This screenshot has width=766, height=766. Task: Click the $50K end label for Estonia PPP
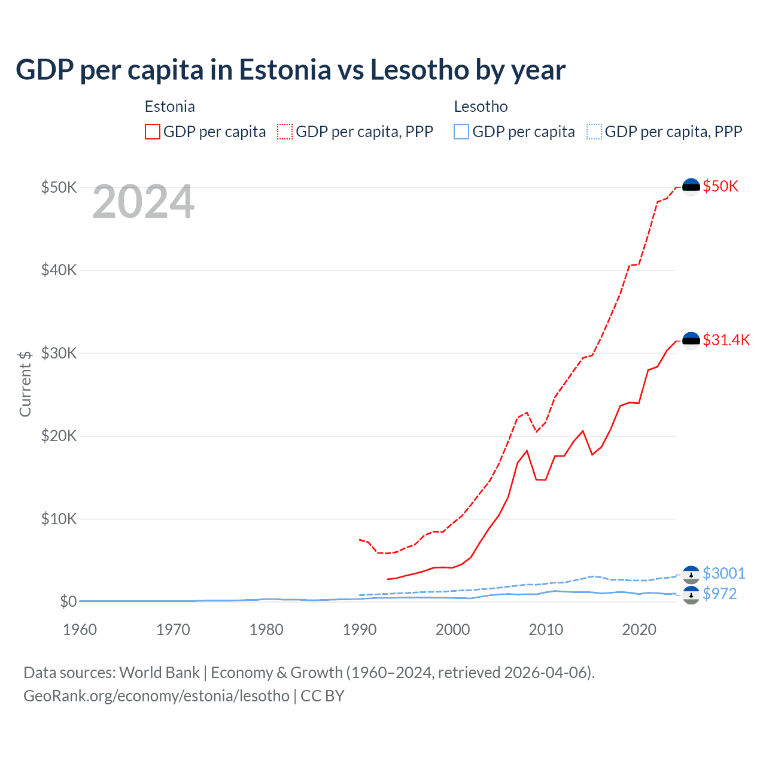tap(721, 186)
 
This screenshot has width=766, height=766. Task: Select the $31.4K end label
tap(726, 340)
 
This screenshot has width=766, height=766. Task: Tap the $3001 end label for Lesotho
tap(724, 573)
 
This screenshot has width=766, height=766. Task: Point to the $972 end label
tap(719, 594)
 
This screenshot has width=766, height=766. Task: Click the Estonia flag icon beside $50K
tap(691, 187)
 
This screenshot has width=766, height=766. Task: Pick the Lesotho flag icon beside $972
tap(691, 595)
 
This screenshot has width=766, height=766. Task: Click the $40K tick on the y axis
tap(59, 270)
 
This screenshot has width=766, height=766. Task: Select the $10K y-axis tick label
tap(59, 519)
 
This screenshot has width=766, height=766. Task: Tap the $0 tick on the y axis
tap(68, 601)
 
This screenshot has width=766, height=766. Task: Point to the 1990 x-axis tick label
tap(360, 630)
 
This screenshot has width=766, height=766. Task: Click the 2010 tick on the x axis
tap(546, 630)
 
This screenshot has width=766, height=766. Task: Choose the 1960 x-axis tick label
tap(80, 630)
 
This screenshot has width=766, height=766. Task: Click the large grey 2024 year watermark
tap(144, 202)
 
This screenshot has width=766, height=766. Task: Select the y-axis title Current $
tap(25, 384)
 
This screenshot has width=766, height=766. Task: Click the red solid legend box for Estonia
tap(153, 132)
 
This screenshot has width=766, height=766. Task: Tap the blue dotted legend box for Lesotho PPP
tap(594, 132)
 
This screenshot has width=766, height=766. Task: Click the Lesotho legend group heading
tap(481, 107)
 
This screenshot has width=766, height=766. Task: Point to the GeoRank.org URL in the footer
tap(156, 696)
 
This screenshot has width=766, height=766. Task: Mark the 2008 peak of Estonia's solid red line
tap(527, 451)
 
